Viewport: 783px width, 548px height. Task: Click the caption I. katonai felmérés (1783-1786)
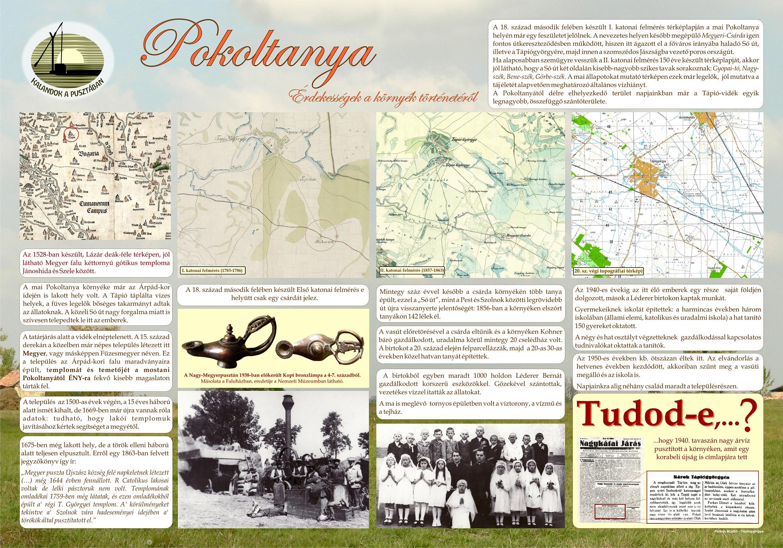tap(213, 271)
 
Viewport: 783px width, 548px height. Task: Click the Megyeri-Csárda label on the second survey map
tap(517, 235)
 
